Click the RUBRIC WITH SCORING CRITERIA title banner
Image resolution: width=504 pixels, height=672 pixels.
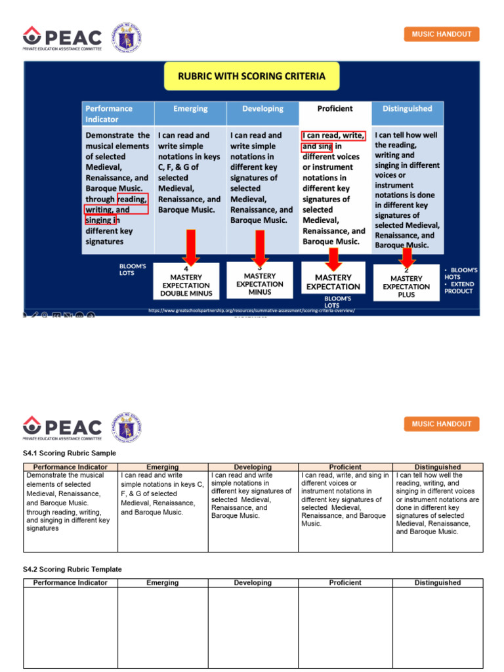coord(251,77)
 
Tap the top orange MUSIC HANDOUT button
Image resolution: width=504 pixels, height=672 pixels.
coord(441,34)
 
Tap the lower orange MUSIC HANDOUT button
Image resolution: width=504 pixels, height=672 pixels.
coord(441,424)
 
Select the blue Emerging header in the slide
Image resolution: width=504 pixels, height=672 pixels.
coord(190,109)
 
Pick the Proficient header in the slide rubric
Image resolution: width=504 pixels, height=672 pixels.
coord(335,109)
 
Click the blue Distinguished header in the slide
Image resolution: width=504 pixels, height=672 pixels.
coord(408,109)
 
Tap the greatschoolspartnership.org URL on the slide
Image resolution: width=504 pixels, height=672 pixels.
coord(251,310)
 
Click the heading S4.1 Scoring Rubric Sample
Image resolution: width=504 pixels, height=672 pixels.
coord(70,453)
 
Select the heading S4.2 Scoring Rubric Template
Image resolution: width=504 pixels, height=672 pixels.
coord(72,569)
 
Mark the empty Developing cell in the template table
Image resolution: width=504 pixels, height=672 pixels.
coord(253,627)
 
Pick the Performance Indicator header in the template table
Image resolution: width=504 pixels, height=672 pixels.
coord(70,583)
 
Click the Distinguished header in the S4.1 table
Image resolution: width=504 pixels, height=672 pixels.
coord(438,467)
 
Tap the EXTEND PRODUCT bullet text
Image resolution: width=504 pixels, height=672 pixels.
coord(459,288)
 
